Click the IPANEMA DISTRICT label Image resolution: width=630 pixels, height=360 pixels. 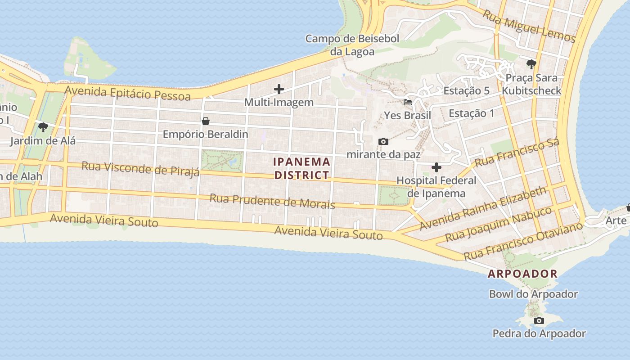(x=302, y=168)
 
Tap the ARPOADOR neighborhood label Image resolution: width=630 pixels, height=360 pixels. (x=522, y=274)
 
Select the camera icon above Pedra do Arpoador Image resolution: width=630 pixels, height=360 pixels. (x=539, y=321)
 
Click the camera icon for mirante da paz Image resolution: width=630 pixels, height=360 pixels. (x=383, y=142)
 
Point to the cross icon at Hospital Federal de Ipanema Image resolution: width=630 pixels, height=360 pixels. (x=436, y=168)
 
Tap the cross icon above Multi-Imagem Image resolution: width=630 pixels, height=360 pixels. (x=279, y=89)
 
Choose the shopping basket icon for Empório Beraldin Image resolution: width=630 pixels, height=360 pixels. (x=206, y=121)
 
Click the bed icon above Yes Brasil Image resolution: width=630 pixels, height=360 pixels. (x=408, y=102)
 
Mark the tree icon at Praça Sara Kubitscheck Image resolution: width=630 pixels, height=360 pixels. (x=531, y=64)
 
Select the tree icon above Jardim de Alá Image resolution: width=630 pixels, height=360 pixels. (x=43, y=127)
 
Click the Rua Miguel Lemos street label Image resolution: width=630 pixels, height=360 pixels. (x=529, y=26)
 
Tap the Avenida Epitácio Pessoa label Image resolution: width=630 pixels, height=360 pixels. (x=127, y=93)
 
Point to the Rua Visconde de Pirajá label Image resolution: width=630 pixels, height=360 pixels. (x=140, y=169)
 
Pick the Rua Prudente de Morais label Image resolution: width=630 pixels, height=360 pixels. (x=272, y=201)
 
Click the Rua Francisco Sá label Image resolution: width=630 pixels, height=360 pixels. (x=517, y=152)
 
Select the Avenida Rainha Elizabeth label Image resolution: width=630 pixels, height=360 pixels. (x=483, y=208)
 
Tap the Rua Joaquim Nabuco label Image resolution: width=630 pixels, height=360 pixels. (x=498, y=225)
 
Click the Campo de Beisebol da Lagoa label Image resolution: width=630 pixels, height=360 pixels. (x=352, y=45)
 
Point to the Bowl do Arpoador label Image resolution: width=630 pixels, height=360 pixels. (x=533, y=294)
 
